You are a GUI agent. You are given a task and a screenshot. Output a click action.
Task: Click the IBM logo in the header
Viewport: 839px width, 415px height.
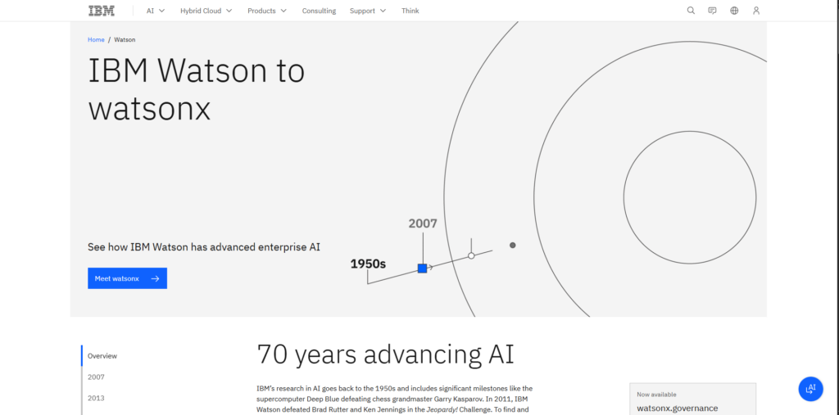click(101, 11)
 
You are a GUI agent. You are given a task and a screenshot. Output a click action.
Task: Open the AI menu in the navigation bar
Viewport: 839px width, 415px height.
click(156, 11)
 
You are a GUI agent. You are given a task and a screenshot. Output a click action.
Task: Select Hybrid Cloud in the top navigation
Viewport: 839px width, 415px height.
click(206, 11)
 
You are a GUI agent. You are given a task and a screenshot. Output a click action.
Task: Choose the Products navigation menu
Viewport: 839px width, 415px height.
click(267, 11)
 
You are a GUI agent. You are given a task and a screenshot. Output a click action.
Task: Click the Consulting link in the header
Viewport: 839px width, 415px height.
click(319, 11)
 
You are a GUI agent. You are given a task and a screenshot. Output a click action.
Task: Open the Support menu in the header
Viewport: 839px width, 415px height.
click(368, 11)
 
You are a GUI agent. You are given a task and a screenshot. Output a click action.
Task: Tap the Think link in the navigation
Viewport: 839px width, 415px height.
click(410, 11)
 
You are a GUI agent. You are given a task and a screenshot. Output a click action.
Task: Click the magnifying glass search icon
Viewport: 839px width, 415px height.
click(691, 11)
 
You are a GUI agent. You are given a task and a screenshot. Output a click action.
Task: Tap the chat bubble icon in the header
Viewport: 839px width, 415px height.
click(712, 11)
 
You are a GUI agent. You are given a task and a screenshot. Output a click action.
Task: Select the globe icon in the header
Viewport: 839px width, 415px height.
click(734, 11)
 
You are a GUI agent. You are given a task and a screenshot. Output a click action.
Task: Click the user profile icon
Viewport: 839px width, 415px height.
click(756, 11)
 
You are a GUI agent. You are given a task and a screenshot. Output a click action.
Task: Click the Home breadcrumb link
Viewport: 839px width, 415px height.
click(97, 39)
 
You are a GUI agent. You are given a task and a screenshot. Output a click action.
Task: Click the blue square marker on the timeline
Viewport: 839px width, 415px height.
click(422, 268)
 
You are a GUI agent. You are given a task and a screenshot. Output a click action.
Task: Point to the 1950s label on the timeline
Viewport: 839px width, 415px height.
click(368, 264)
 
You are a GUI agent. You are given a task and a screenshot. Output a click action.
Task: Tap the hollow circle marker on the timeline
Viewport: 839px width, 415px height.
click(471, 256)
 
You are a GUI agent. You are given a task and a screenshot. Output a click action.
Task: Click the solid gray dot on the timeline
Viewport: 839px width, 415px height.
click(513, 246)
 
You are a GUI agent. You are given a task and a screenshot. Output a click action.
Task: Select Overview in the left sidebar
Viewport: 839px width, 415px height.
click(102, 355)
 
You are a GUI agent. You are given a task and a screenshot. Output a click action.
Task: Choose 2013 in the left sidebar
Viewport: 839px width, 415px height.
click(97, 398)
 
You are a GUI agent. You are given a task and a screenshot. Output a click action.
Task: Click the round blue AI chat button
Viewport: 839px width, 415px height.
click(810, 389)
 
